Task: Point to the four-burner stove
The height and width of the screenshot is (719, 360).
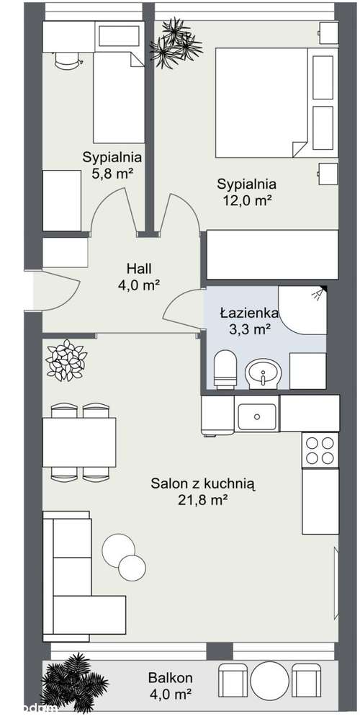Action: pyautogui.click(x=319, y=450)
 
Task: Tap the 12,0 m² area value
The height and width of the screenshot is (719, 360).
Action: pyautogui.click(x=246, y=201)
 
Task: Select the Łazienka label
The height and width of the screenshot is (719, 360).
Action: pyautogui.click(x=245, y=313)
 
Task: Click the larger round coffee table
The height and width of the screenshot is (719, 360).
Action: pyautogui.click(x=117, y=549)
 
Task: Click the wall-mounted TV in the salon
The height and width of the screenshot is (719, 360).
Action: pyautogui.click(x=336, y=584)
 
